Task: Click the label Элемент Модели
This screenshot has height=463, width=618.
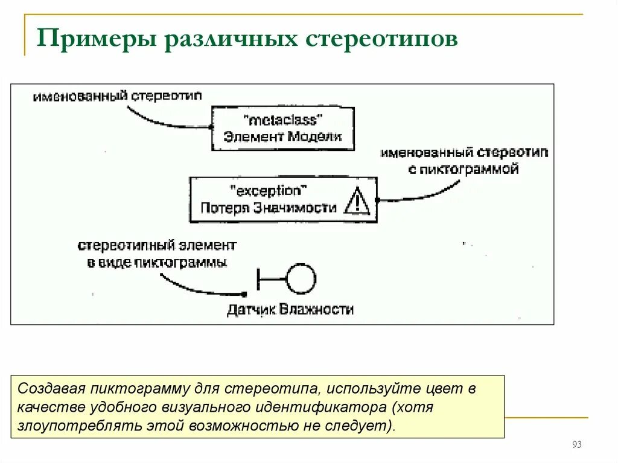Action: point(282,136)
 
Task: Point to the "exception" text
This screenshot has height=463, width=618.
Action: point(269,191)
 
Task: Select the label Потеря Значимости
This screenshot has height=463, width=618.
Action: point(269,208)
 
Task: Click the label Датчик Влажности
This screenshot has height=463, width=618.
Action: point(290,310)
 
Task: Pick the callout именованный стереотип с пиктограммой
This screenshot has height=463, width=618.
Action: point(463,161)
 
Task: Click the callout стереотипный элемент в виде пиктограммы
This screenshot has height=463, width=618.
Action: point(157,254)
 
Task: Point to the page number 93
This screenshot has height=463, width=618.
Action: point(576,445)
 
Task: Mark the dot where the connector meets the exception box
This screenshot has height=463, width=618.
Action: point(377,200)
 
